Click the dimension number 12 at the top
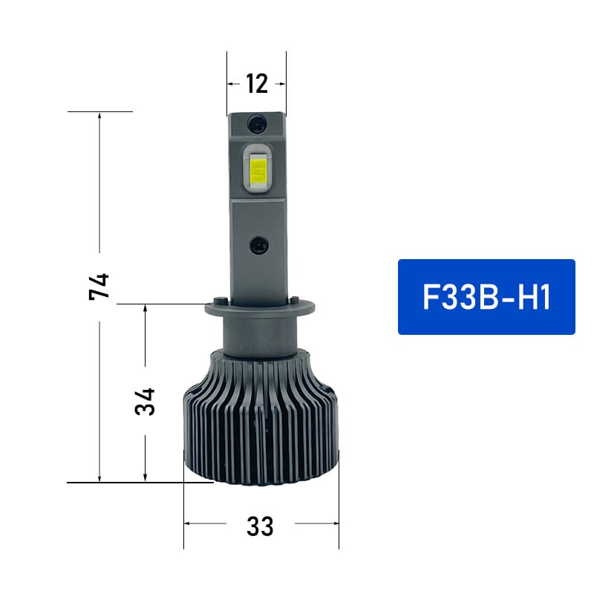(256, 84)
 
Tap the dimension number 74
(99, 286)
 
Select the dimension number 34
(145, 401)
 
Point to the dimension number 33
(260, 526)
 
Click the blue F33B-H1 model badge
(486, 297)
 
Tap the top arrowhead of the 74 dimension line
(99, 115)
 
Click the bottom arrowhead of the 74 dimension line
(99, 479)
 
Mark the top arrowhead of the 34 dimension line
(145, 307)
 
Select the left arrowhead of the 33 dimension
(187, 523)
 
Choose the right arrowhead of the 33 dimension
(335, 523)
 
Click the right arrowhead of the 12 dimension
(282, 84)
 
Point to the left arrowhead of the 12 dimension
(230, 84)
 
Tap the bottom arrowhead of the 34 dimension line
(145, 479)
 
